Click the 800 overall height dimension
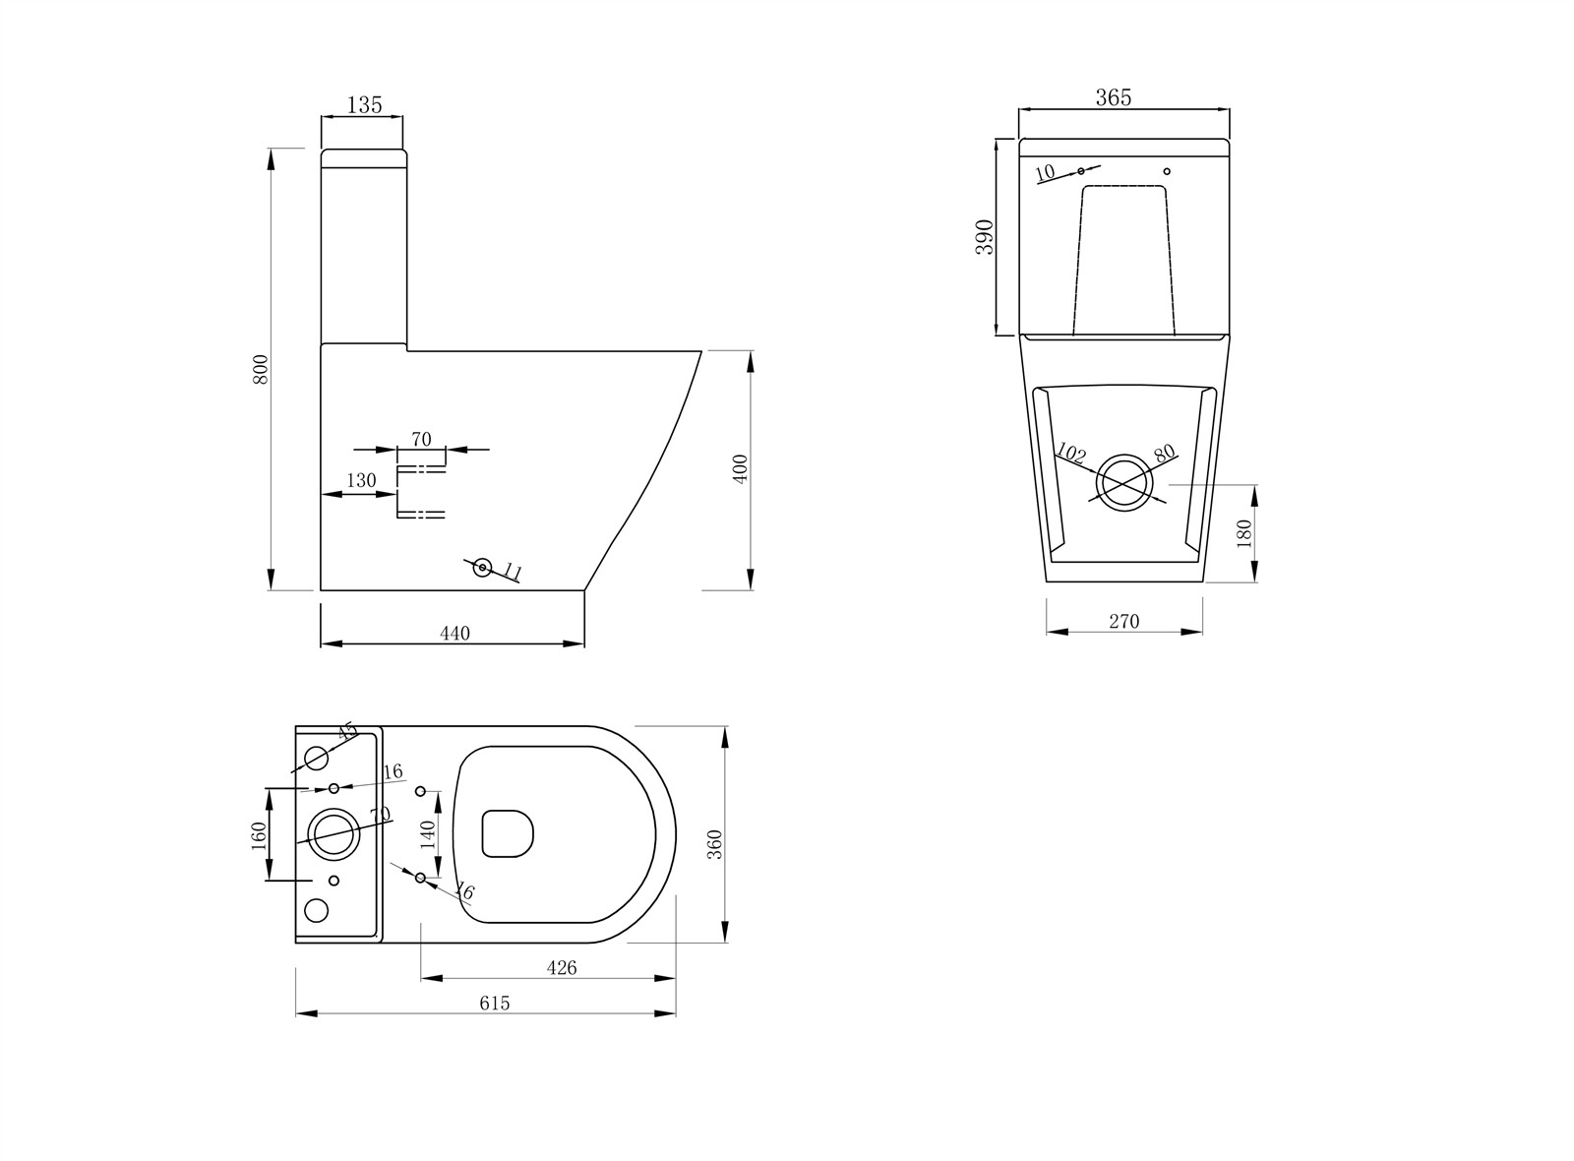261,369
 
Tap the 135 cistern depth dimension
364,104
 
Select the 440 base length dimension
454,634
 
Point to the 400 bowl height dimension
741,467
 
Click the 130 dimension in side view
361,480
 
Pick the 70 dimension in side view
421,440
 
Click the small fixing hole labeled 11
482,567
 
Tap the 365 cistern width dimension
1114,97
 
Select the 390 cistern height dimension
985,237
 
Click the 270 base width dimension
1123,621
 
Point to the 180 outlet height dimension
1244,533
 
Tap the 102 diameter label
1069,454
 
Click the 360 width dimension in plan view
715,844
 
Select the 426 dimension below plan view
561,967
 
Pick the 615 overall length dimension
495,1003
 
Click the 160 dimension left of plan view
259,835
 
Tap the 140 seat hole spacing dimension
427,834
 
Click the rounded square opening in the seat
508,832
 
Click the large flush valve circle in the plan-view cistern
333,832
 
